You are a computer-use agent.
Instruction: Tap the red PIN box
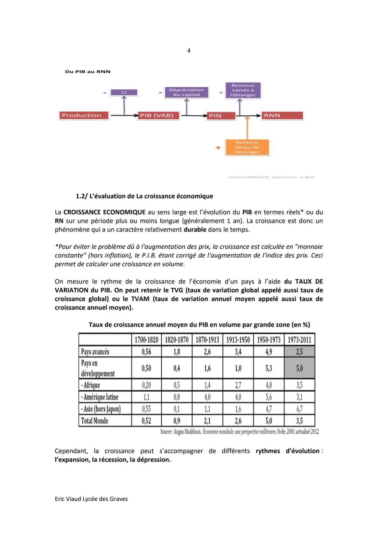coord(221,115)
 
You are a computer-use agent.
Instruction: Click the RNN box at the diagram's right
coord(282,115)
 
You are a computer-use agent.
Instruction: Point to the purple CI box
coord(124,92)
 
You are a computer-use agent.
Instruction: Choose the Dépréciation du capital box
coord(186,92)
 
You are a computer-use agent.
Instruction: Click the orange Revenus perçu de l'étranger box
coord(247,147)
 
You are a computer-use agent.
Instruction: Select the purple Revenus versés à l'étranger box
coord(243,90)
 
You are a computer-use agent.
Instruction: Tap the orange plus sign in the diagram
coord(218,148)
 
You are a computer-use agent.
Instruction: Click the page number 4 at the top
coord(189,51)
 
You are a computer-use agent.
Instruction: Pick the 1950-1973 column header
coord(268,339)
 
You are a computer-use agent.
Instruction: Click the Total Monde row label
coord(94,421)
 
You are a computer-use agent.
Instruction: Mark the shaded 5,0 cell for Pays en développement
coord(300,368)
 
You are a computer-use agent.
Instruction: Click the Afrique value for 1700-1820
coord(146,385)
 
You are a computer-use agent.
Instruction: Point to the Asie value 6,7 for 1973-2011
coord(300,409)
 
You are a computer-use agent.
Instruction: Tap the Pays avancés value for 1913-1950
coord(238,351)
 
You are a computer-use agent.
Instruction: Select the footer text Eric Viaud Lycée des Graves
coord(91,499)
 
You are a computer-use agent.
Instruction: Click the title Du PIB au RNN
coord(87,71)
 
